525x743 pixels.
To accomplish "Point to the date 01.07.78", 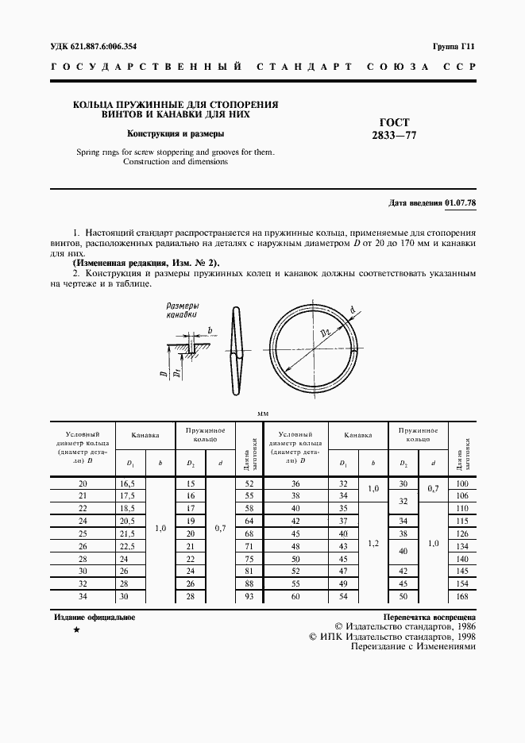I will [461, 202].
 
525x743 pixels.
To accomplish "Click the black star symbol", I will [76, 629].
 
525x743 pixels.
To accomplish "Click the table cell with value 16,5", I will [126, 483].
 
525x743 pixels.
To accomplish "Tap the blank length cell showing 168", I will [462, 596].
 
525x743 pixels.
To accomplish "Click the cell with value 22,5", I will [126, 546].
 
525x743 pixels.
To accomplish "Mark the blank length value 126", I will [462, 533].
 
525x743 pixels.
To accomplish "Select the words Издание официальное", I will [95, 617].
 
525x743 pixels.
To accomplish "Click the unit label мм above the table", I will [263, 414].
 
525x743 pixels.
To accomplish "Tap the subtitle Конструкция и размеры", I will [176, 133].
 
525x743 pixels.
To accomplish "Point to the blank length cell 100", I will [462, 483].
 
